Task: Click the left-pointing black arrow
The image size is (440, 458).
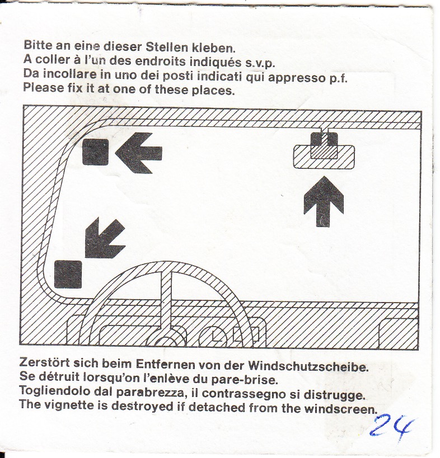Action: pyautogui.click(x=139, y=153)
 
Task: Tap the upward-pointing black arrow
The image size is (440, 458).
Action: pyautogui.click(x=324, y=201)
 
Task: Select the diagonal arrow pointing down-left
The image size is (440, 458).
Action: pyautogui.click(x=104, y=238)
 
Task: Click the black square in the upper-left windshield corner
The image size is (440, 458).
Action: pyautogui.click(x=96, y=152)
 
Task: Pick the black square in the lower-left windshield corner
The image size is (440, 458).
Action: pyautogui.click(x=68, y=275)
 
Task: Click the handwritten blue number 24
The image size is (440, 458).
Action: pyautogui.click(x=391, y=426)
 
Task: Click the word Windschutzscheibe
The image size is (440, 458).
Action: pyautogui.click(x=308, y=366)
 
